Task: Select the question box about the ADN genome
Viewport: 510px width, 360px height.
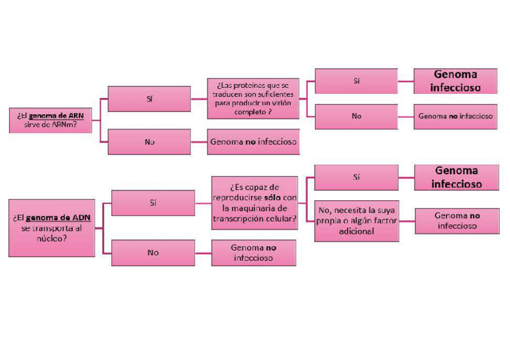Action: point(52,228)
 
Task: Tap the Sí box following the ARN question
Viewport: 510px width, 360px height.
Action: point(149,99)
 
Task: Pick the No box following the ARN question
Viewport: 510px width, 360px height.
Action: point(149,142)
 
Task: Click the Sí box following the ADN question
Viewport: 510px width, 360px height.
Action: point(153,203)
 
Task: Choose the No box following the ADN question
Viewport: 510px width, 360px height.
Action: point(153,252)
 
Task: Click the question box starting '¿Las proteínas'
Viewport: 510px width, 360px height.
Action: point(253,98)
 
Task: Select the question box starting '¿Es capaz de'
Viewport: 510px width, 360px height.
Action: point(254,203)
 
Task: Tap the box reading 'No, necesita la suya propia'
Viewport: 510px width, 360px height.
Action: point(356,221)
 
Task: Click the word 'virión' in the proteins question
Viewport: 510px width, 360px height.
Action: point(276,104)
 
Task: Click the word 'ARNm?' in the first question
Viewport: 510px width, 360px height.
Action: point(72,125)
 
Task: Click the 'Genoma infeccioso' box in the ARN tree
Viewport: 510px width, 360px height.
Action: point(455,81)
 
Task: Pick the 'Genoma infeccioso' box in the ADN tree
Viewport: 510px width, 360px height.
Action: point(456,177)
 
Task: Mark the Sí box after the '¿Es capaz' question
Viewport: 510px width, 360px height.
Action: point(356,177)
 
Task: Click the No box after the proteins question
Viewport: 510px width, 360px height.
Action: point(356,116)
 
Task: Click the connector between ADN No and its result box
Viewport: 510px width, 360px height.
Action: point(203,252)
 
